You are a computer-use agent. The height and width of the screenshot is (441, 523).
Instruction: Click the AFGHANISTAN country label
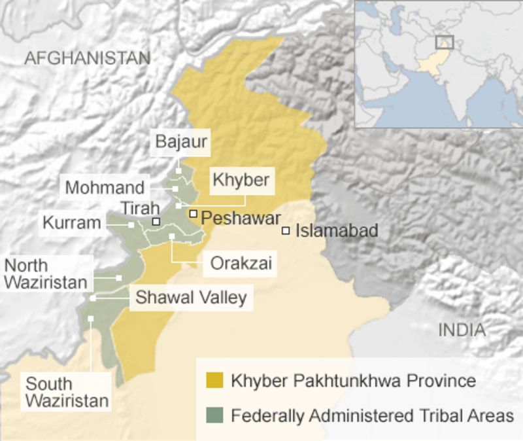[87, 58]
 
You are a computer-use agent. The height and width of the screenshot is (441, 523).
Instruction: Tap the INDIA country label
[462, 330]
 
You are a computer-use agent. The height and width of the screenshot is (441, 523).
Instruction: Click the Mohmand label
[105, 188]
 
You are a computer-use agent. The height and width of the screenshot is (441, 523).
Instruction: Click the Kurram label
[72, 223]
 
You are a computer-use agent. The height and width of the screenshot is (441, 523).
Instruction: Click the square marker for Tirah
[156, 221]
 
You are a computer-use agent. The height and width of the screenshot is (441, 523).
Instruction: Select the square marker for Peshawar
[194, 213]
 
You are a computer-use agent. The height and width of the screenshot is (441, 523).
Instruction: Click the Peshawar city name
[241, 219]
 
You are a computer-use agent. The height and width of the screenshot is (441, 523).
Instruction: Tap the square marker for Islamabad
[286, 230]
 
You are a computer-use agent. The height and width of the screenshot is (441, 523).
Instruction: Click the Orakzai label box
[240, 264]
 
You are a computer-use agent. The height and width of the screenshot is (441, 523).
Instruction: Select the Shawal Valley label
[190, 298]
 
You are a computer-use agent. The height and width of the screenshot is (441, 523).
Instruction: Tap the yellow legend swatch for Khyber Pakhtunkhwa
[214, 381]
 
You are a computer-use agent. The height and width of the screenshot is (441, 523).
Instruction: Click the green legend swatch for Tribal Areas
[214, 415]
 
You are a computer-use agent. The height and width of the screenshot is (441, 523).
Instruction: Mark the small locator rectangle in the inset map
[445, 42]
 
